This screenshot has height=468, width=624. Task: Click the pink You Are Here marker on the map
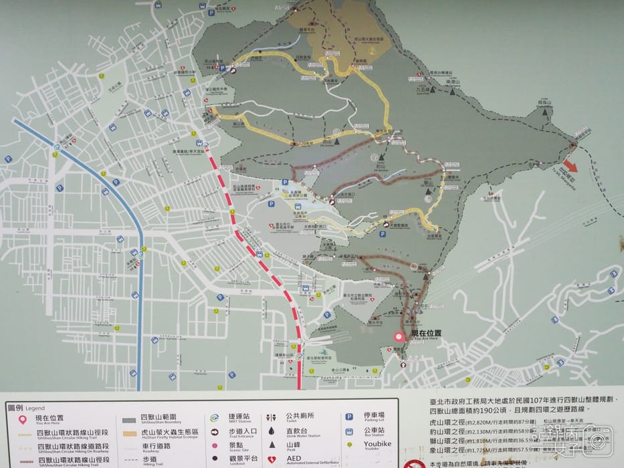pyautogui.click(x=399, y=338)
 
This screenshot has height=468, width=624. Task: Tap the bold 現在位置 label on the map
pyautogui.click(x=426, y=333)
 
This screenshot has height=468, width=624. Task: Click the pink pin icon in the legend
pyautogui.click(x=22, y=421)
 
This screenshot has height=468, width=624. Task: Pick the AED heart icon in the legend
pyautogui.click(x=272, y=461)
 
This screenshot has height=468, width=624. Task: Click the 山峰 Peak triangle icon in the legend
pyautogui.click(x=272, y=445)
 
